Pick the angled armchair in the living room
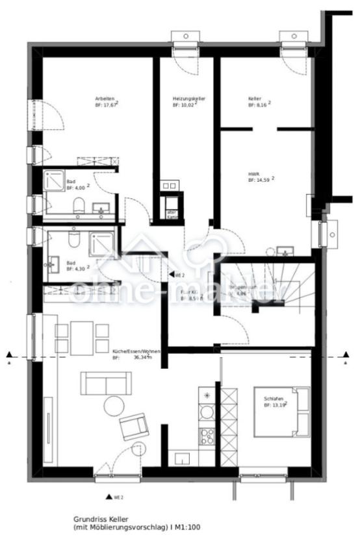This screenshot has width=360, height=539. (135, 427)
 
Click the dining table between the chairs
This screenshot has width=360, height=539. (82, 338)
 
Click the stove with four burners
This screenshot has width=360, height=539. (207, 436)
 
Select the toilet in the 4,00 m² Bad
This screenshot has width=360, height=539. (79, 207)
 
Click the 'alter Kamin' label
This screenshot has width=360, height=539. (172, 214)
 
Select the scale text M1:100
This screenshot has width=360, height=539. (188, 527)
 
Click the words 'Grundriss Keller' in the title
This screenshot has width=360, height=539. (99, 519)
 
